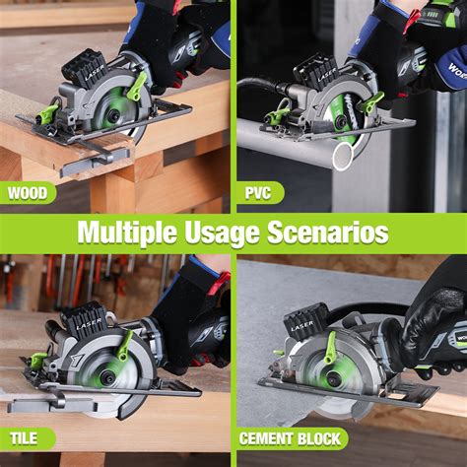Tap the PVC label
coord(258,193)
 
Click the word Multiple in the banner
coord(127,234)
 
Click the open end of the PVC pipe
coord(342,155)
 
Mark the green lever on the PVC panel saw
coord(372,100)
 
